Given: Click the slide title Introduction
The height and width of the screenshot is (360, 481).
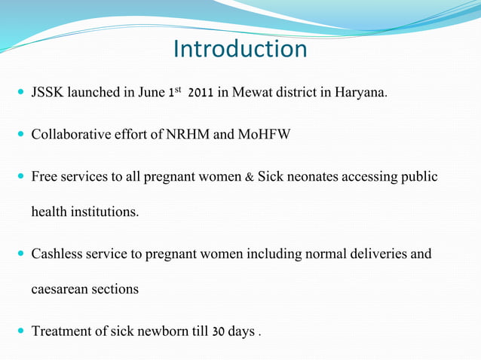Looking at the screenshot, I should (x=240, y=49).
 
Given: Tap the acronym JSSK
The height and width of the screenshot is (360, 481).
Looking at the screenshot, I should (x=47, y=93).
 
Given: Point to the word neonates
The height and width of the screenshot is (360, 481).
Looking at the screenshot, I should (x=312, y=177).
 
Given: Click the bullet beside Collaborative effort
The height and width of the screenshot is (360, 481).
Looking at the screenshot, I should (x=18, y=136).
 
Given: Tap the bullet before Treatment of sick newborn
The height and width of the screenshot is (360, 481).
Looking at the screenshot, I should (x=18, y=332).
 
